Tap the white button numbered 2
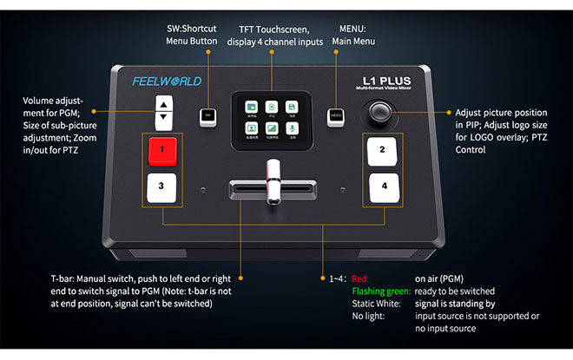[x=383, y=150]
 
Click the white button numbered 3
[x=161, y=186]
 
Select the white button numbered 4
[x=383, y=186]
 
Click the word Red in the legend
[x=359, y=278]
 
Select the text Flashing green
[x=379, y=291]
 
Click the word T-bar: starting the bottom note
[x=64, y=278]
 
